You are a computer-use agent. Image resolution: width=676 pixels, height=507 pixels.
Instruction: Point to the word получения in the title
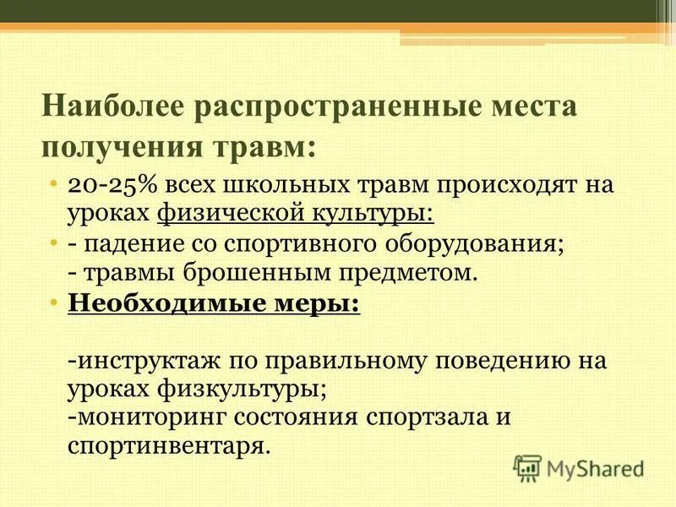pyautogui.click(x=113, y=146)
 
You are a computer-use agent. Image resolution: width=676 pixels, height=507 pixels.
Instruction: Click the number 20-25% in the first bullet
pyautogui.click(x=107, y=185)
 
